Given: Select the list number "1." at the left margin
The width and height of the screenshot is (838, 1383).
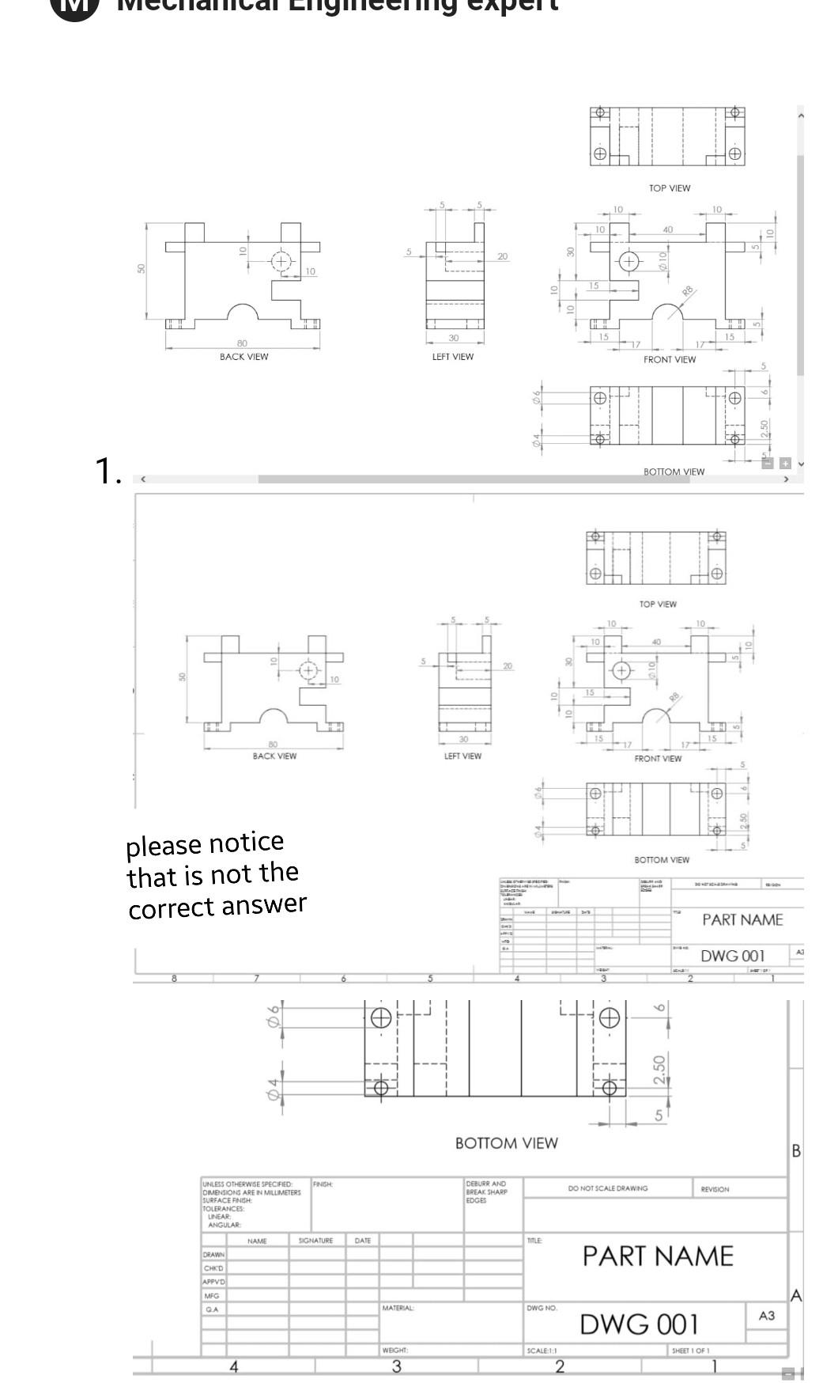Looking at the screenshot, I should click(108, 471).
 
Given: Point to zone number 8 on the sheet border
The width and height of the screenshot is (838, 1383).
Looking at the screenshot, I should click(174, 979).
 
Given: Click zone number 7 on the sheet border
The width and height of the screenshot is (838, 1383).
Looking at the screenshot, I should click(257, 979).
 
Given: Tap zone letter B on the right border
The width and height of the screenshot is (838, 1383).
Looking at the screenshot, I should click(796, 1150).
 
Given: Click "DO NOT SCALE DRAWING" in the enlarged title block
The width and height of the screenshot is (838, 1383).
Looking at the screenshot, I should click(607, 1188).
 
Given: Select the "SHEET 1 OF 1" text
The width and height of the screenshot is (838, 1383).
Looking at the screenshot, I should click(690, 1351).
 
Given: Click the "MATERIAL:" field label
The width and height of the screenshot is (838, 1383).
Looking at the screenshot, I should click(398, 1309).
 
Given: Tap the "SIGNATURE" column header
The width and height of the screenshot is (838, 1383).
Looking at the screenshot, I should click(315, 1241).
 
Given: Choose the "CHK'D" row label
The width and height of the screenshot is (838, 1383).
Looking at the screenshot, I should click(213, 1268).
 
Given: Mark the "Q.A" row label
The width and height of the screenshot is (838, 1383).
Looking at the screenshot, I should click(211, 1309).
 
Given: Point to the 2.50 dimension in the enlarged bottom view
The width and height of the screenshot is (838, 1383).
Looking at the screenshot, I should click(659, 1070).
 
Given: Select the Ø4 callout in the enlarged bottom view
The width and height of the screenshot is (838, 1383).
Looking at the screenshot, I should click(274, 1090).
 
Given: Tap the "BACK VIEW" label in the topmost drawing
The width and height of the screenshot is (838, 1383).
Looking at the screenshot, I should click(243, 357).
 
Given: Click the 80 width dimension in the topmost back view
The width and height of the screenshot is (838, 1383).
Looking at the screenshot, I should click(242, 343).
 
